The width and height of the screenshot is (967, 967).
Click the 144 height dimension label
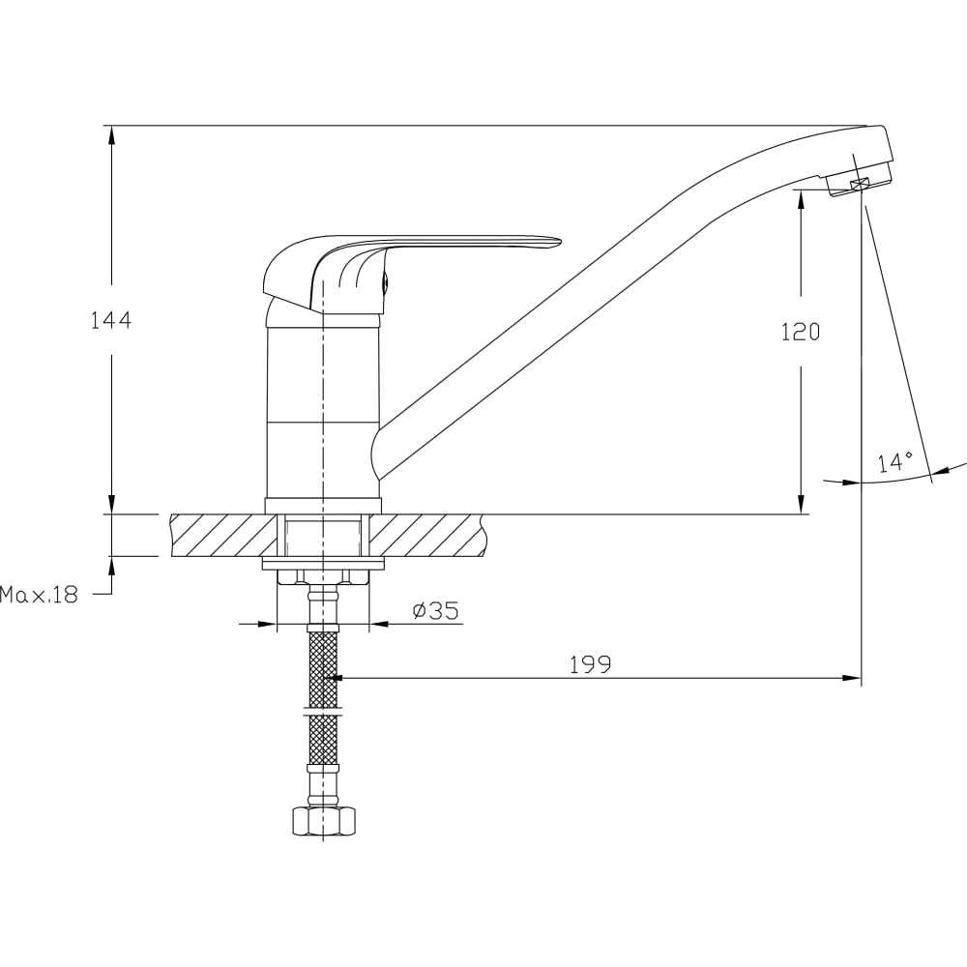click(111, 321)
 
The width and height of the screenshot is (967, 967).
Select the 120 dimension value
click(801, 333)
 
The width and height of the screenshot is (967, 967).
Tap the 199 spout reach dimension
click(590, 664)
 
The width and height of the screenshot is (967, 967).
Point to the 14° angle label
click(895, 462)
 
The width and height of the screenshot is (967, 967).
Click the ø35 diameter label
click(436, 610)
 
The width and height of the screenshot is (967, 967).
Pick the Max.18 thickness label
click(39, 595)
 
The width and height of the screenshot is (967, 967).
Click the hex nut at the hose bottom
click(324, 820)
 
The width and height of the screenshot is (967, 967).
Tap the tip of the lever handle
click(561, 241)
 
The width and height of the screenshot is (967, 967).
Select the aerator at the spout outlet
click(859, 179)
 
